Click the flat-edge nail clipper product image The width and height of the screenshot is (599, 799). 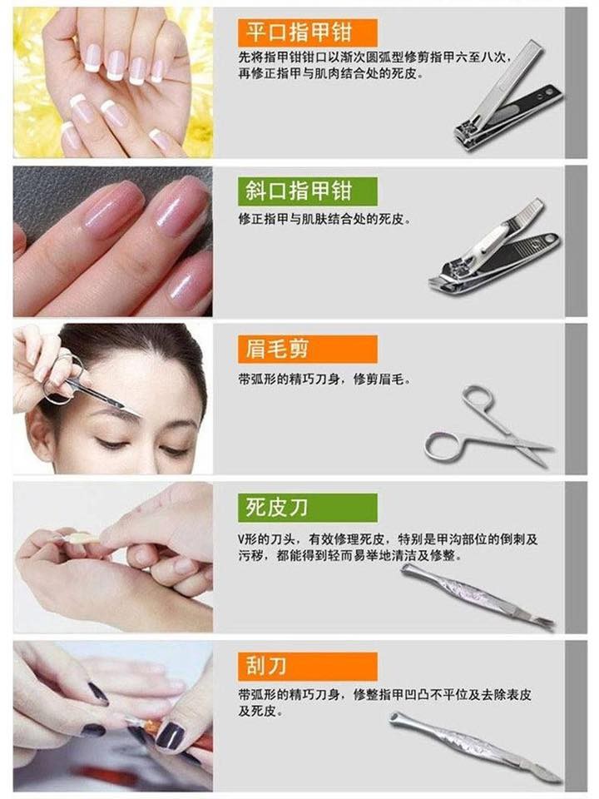(508, 97)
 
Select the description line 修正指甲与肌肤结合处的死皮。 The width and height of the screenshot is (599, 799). (324, 220)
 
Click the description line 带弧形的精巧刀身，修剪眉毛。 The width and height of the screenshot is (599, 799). (324, 380)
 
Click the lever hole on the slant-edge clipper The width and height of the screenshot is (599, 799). (549, 239)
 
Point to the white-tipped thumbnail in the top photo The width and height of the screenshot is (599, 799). (158, 140)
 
